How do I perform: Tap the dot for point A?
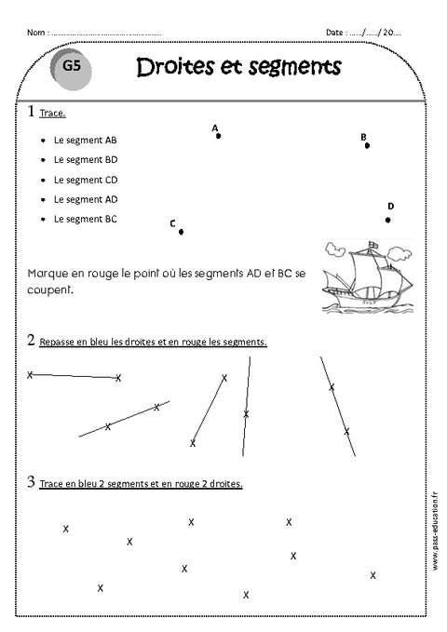[218, 136]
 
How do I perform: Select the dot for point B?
[367, 145]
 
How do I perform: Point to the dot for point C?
[181, 232]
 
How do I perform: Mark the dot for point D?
[387, 220]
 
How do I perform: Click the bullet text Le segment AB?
[85, 140]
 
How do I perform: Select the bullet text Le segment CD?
[85, 179]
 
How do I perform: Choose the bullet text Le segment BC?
[85, 219]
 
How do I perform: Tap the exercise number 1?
[31, 112]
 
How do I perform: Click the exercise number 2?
[31, 341]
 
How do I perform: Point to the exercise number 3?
[31, 483]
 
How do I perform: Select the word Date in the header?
[334, 33]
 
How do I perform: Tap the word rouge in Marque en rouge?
[95, 274]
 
